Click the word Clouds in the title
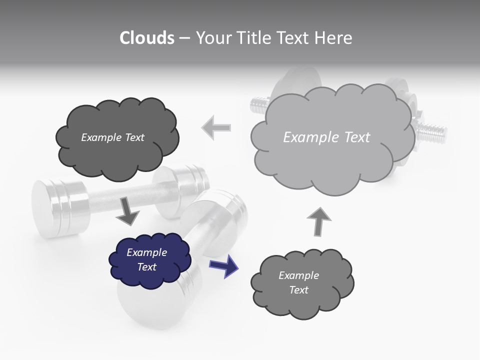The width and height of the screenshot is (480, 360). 147,38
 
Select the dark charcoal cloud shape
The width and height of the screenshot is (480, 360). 116,150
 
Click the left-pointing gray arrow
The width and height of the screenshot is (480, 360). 216,127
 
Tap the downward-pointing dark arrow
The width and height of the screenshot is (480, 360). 127,212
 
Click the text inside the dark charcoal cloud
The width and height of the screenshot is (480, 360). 112,137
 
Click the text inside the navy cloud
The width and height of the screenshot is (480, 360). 146,259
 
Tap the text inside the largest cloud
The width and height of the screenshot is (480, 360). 326,137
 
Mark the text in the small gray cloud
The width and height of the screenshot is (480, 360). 298,282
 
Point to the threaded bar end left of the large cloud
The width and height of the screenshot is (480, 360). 258,105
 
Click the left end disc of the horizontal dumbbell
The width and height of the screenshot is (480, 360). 47,205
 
